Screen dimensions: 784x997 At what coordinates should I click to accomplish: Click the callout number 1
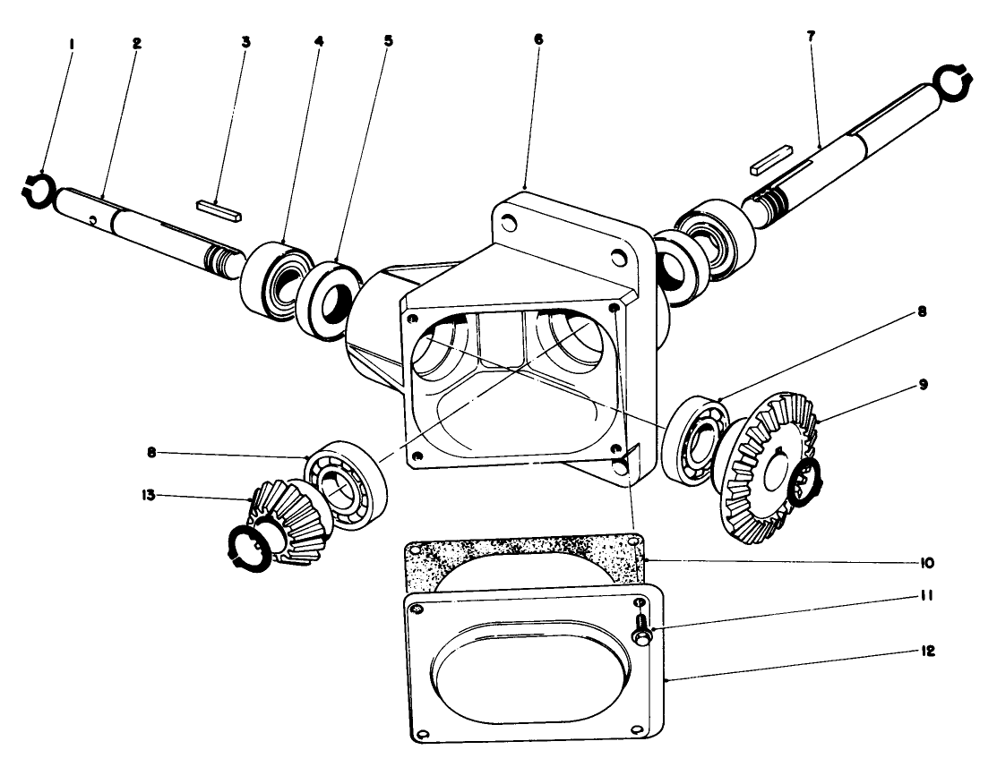tap(72, 41)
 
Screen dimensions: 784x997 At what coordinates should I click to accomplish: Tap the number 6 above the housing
tap(537, 41)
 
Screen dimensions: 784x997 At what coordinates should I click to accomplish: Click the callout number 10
tap(926, 563)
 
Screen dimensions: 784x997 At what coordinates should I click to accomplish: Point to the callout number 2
tap(136, 41)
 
